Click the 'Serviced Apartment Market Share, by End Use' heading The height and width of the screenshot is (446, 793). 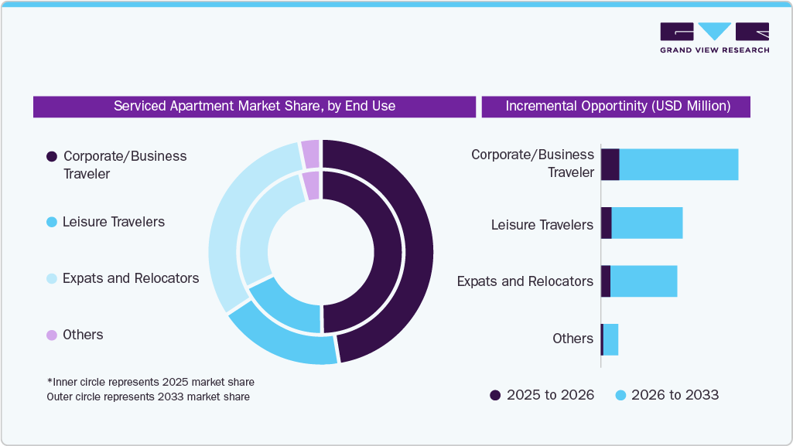[x=254, y=106]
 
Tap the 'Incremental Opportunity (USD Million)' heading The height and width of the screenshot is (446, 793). [x=617, y=106]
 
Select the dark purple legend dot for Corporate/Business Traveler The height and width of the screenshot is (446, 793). [x=52, y=156]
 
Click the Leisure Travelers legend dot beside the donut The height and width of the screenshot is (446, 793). [x=52, y=223]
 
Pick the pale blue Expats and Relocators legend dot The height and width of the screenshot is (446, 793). [x=52, y=279]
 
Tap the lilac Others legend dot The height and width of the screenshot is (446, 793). [x=52, y=335]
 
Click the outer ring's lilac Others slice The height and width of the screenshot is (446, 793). [x=310, y=153]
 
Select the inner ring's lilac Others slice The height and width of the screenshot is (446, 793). [x=311, y=185]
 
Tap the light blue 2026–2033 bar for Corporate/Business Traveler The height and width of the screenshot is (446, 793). [x=678, y=165]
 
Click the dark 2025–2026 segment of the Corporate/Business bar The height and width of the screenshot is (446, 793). [x=610, y=165]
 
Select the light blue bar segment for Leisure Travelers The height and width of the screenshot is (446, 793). [x=647, y=223]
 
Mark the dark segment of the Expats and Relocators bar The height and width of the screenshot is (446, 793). [x=606, y=281]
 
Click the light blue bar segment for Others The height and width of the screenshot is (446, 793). [x=610, y=339]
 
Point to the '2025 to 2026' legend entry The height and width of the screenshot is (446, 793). [x=542, y=395]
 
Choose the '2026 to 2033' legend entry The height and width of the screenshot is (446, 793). [x=666, y=395]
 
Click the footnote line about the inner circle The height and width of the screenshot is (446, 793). [x=150, y=382]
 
